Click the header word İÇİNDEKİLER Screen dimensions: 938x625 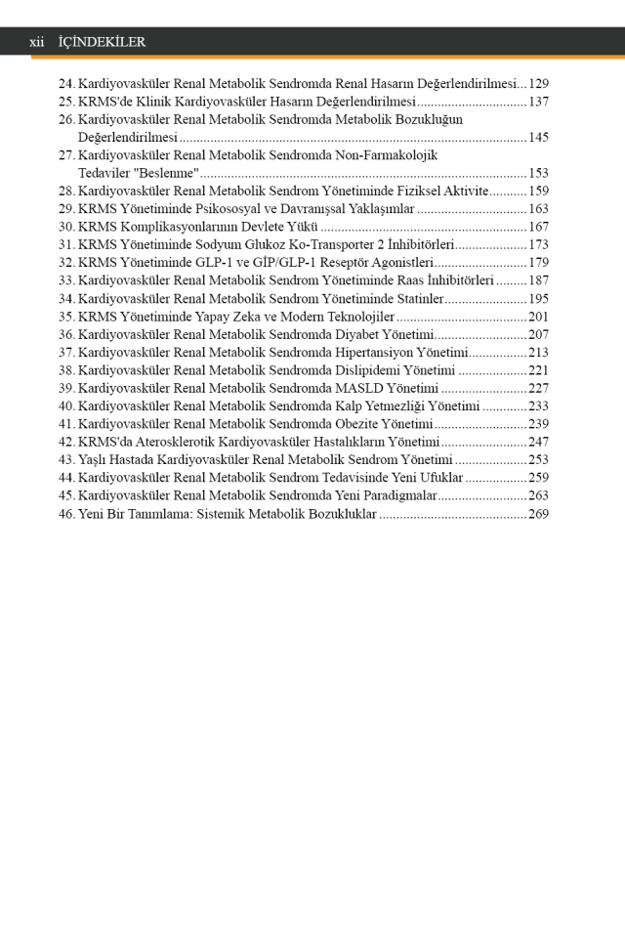(x=102, y=42)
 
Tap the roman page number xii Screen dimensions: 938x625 (x=37, y=42)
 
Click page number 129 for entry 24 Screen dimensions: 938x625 (x=538, y=84)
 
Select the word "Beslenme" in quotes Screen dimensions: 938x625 (x=167, y=173)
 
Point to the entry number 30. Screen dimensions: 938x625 (x=66, y=227)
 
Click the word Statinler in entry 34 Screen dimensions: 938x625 (x=417, y=299)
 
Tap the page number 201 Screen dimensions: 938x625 (x=538, y=317)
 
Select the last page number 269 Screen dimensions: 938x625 (x=538, y=513)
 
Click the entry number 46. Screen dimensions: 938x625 (x=66, y=513)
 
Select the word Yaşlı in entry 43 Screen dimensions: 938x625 (x=94, y=459)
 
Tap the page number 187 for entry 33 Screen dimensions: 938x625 (x=538, y=280)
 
